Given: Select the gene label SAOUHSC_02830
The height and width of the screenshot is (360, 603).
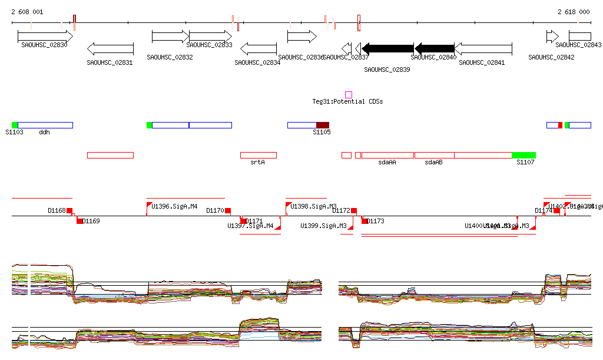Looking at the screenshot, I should click(44, 45).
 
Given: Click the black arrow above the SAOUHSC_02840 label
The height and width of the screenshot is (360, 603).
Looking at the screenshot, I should click(435, 48).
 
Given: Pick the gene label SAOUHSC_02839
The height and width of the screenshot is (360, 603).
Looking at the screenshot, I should click(387, 70).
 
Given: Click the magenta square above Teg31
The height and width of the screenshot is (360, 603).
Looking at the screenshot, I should click(349, 95).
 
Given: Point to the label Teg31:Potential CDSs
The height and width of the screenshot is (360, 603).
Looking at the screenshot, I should click(347, 102).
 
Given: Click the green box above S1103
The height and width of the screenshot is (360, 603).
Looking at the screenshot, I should click(15, 125).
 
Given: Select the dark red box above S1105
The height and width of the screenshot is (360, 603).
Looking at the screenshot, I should click(323, 125).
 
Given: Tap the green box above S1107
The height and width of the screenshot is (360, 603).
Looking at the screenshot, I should click(524, 155).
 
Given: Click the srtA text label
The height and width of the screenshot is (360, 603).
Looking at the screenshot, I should click(257, 162).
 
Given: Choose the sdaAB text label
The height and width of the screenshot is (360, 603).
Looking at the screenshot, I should click(433, 162).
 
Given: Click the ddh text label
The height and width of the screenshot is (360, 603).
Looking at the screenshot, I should click(45, 133).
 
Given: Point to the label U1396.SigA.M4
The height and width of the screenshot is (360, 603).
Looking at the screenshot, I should click(174, 207).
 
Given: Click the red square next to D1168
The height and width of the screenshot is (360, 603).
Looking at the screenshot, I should click(69, 210).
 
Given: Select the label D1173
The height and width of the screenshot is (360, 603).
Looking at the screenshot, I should click(376, 222).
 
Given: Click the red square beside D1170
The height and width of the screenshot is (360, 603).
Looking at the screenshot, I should click(228, 210).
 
